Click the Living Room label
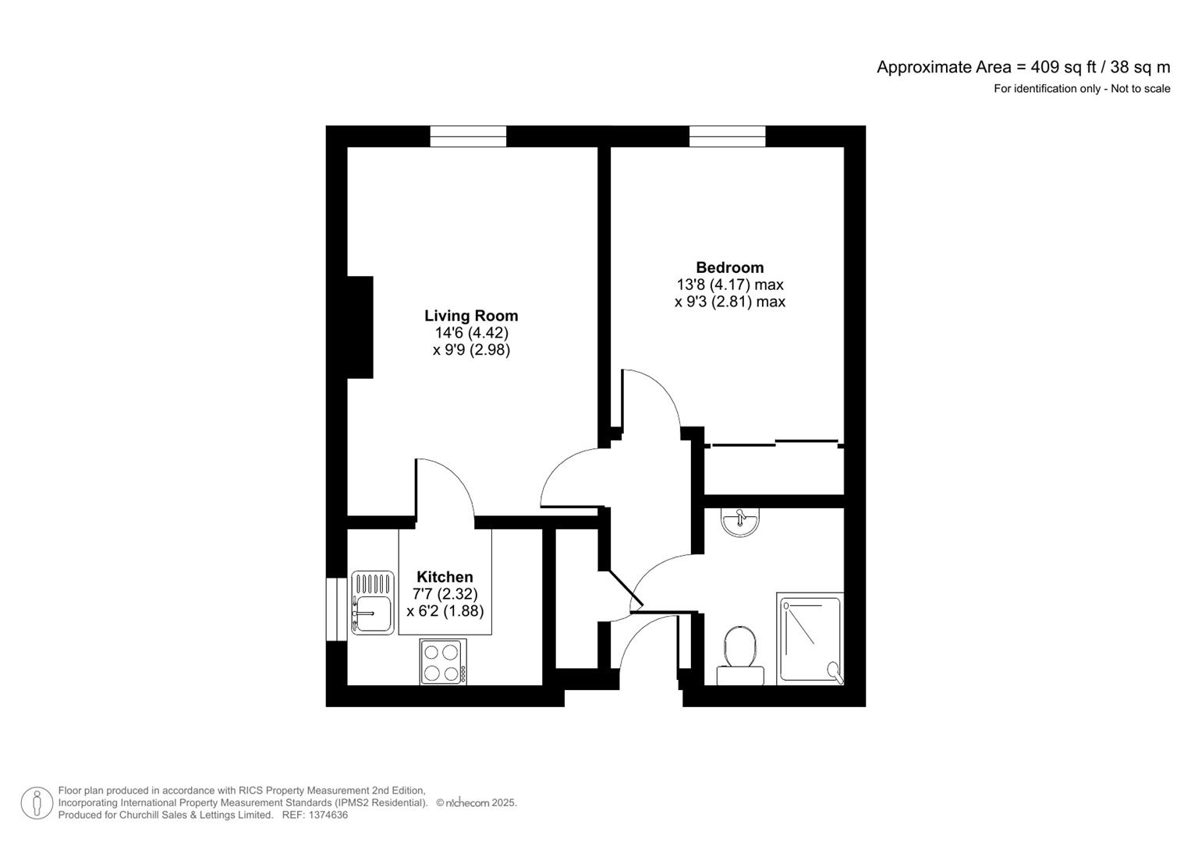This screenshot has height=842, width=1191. (x=470, y=316)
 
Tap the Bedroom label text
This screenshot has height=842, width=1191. (x=729, y=267)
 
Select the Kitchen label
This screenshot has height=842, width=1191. (x=445, y=577)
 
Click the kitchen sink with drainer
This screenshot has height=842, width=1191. (x=373, y=603)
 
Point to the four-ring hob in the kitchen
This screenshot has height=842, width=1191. (x=443, y=662)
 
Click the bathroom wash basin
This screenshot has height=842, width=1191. (x=739, y=522)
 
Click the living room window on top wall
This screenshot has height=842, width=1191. (x=468, y=136)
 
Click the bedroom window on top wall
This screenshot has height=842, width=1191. (x=727, y=136)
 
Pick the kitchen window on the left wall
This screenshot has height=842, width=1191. (x=336, y=610)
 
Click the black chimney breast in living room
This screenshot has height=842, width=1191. (x=360, y=327)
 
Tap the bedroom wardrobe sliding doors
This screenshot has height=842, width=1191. (x=775, y=444)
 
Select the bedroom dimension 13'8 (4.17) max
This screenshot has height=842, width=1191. (x=729, y=285)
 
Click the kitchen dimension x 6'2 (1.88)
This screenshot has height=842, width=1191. (x=445, y=611)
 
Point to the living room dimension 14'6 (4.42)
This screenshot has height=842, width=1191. (x=471, y=333)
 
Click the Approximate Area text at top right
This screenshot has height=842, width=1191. (x=1023, y=67)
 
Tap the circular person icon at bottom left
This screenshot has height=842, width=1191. (x=37, y=804)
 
